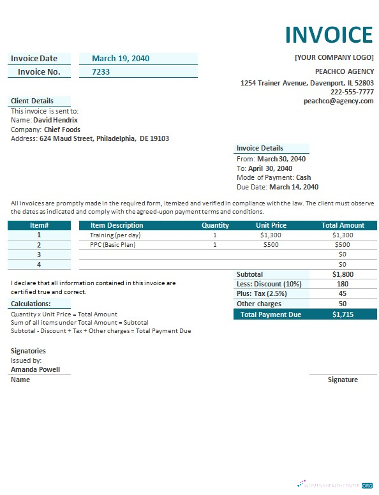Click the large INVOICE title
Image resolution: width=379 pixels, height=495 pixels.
[x=329, y=34]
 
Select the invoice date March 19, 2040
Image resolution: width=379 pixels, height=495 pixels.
[x=121, y=59]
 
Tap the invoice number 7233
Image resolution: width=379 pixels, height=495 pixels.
[x=101, y=72]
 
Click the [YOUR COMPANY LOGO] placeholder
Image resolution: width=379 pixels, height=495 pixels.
[x=334, y=57]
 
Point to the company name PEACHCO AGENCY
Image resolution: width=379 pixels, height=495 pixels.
[x=344, y=71]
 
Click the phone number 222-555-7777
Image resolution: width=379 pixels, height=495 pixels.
[x=352, y=92]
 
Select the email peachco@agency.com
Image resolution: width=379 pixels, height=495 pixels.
[x=338, y=101]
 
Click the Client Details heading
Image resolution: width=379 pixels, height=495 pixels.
[x=32, y=101]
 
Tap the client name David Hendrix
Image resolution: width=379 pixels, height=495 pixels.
[x=56, y=120]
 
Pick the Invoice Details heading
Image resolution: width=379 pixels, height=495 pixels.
[x=260, y=148]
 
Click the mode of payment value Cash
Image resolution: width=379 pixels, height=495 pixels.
[x=304, y=178]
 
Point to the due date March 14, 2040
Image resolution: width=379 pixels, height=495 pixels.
[x=294, y=188]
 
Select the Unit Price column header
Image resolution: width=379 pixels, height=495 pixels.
[x=271, y=225]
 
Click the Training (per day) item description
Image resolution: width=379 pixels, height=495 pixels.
[x=115, y=235]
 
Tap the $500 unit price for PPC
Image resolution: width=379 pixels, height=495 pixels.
[x=271, y=245]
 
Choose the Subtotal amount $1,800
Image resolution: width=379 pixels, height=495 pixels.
[x=343, y=274]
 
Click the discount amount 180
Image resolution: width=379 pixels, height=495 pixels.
[x=343, y=284]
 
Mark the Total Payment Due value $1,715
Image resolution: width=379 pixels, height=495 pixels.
[x=343, y=314]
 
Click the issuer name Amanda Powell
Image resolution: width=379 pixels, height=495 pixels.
[x=36, y=369]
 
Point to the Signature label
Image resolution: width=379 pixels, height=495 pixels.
[x=343, y=380]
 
